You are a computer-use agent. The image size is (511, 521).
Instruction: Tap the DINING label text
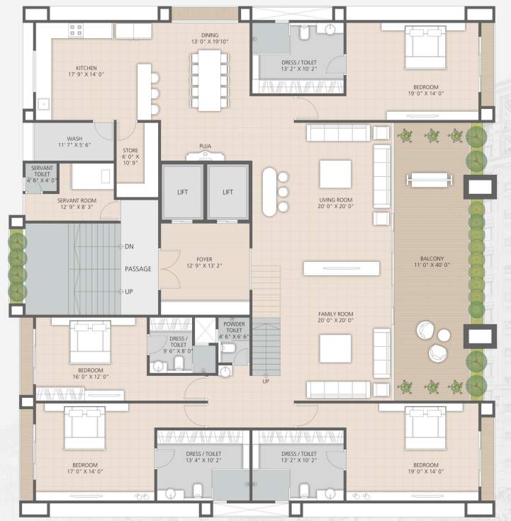pos(210,35)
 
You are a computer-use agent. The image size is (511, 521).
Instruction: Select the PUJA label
pos(205,147)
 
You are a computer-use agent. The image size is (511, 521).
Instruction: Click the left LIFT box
pos(182,192)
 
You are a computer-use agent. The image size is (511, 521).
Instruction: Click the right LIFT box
pos(228,192)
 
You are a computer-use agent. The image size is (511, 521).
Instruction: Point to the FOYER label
pos(205,259)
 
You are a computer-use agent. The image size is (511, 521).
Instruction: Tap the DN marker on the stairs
pos(129,246)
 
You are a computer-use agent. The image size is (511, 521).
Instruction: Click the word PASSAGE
pos(138,269)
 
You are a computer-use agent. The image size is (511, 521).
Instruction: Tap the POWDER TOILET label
pos(234,326)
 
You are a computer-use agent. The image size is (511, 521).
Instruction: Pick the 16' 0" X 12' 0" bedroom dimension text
pos(91,377)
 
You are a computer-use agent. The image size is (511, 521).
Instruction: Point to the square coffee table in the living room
pos(335,174)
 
